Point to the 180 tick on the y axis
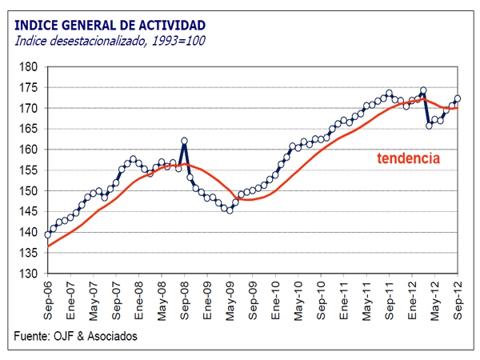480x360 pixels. (32, 66)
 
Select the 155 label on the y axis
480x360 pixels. (32, 170)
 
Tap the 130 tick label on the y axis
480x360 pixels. (32, 274)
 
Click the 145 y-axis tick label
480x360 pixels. (32, 211)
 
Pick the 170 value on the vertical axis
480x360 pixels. (32, 108)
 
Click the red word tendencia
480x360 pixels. (408, 158)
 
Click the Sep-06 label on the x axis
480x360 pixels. (48, 298)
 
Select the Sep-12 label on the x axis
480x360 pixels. (458, 298)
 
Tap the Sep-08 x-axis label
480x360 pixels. (185, 298)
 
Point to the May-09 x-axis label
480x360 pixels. (230, 298)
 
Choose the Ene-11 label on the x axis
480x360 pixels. (345, 298)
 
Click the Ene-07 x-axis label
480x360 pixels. (71, 298)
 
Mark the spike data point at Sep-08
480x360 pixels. (185, 141)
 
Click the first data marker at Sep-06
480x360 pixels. (48, 234)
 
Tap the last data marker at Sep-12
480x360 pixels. (458, 99)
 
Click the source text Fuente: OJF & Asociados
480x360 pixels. (76, 336)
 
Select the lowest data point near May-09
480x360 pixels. (230, 210)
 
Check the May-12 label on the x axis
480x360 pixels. (436, 298)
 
